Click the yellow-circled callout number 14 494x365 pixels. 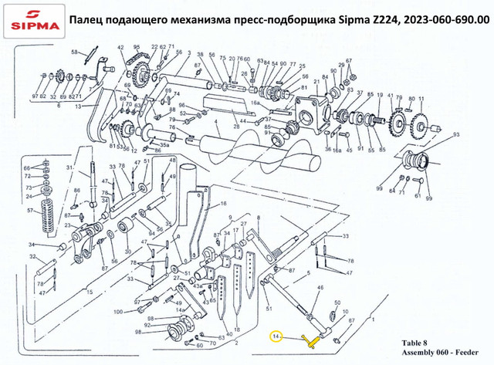[276, 336]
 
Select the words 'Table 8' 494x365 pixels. [418, 340]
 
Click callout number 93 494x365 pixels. [456, 135]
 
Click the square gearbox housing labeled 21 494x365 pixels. [319, 105]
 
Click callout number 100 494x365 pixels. [118, 312]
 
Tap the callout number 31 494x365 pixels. [69, 168]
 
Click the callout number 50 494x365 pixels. [337, 302]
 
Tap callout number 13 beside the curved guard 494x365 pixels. [77, 108]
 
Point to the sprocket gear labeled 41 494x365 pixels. [400, 120]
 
